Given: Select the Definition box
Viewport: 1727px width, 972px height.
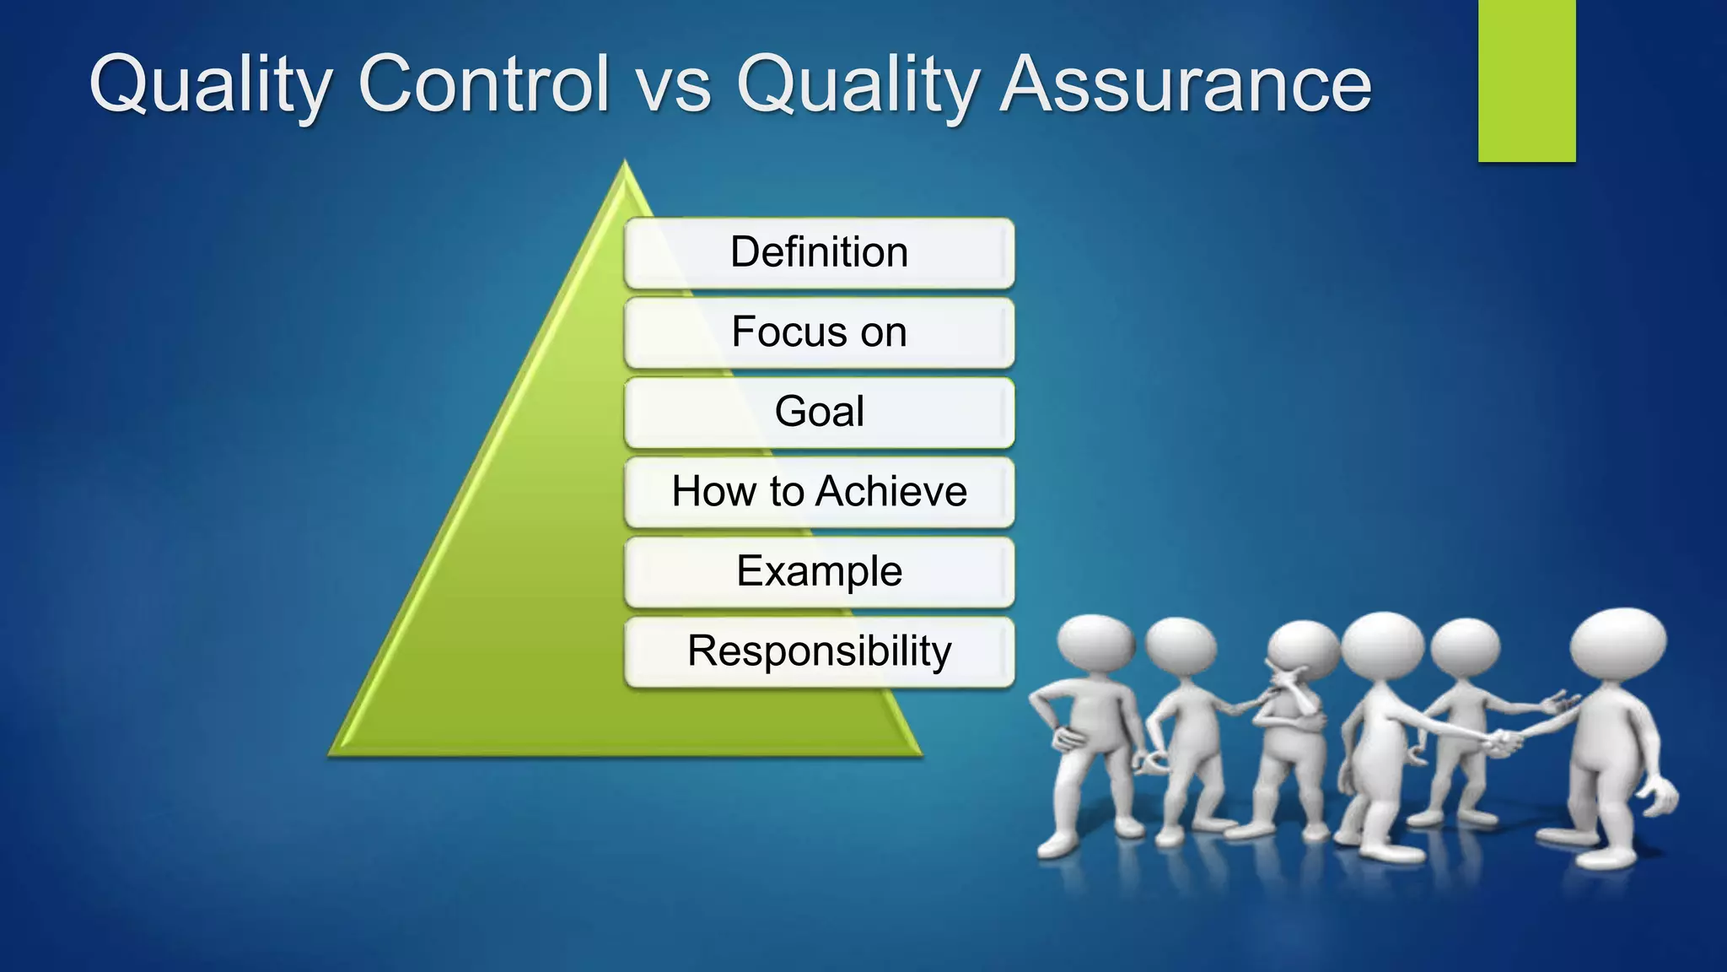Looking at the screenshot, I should (x=819, y=252).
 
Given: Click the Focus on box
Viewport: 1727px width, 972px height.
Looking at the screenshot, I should (x=819, y=332).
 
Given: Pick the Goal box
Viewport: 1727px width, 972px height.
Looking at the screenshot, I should (x=819, y=412).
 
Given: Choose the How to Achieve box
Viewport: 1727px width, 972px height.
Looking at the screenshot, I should (x=819, y=491).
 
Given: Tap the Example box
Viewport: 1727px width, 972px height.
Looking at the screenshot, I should (x=819, y=571).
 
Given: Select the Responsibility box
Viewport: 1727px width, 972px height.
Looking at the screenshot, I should (x=819, y=651).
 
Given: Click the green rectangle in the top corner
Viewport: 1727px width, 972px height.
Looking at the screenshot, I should (x=1526, y=80).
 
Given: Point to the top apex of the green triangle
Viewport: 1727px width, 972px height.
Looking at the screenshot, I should (x=625, y=165).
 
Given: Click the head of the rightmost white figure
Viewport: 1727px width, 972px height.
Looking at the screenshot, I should (x=1617, y=643).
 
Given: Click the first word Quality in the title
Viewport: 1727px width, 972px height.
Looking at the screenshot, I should (x=211, y=84).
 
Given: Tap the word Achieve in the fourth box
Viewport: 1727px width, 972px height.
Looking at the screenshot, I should (x=891, y=491).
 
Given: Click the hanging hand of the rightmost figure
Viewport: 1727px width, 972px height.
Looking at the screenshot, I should (x=1661, y=797).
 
